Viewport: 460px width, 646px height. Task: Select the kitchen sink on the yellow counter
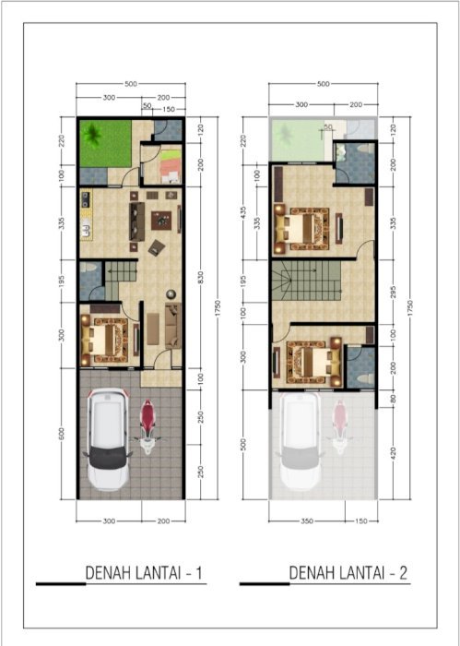(85, 227)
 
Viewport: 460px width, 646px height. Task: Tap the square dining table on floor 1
(162, 221)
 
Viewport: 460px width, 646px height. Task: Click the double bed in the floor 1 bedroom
(109, 337)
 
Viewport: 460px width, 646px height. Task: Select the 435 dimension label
(243, 211)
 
